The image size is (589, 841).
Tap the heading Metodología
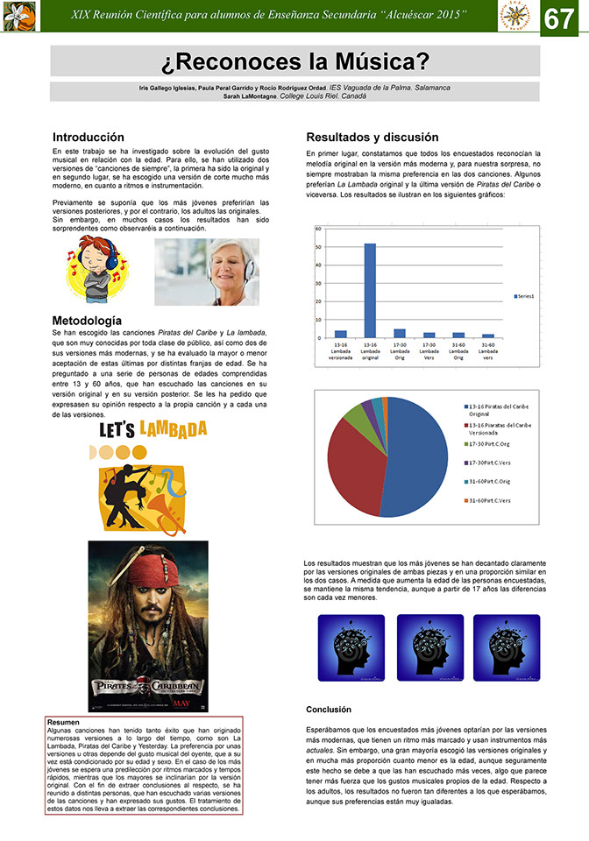87,321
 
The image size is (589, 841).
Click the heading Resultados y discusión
372,138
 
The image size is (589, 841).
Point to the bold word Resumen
63,722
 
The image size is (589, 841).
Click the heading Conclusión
329,709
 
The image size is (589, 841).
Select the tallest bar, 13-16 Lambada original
370,290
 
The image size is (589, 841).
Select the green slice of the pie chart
358,412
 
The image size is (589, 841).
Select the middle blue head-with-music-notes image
430,647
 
